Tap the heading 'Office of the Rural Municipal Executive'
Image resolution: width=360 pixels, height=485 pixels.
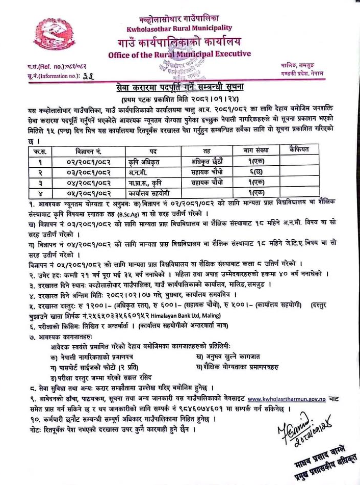179,54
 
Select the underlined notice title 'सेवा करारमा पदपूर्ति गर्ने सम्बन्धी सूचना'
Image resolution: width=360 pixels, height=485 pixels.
179,89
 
